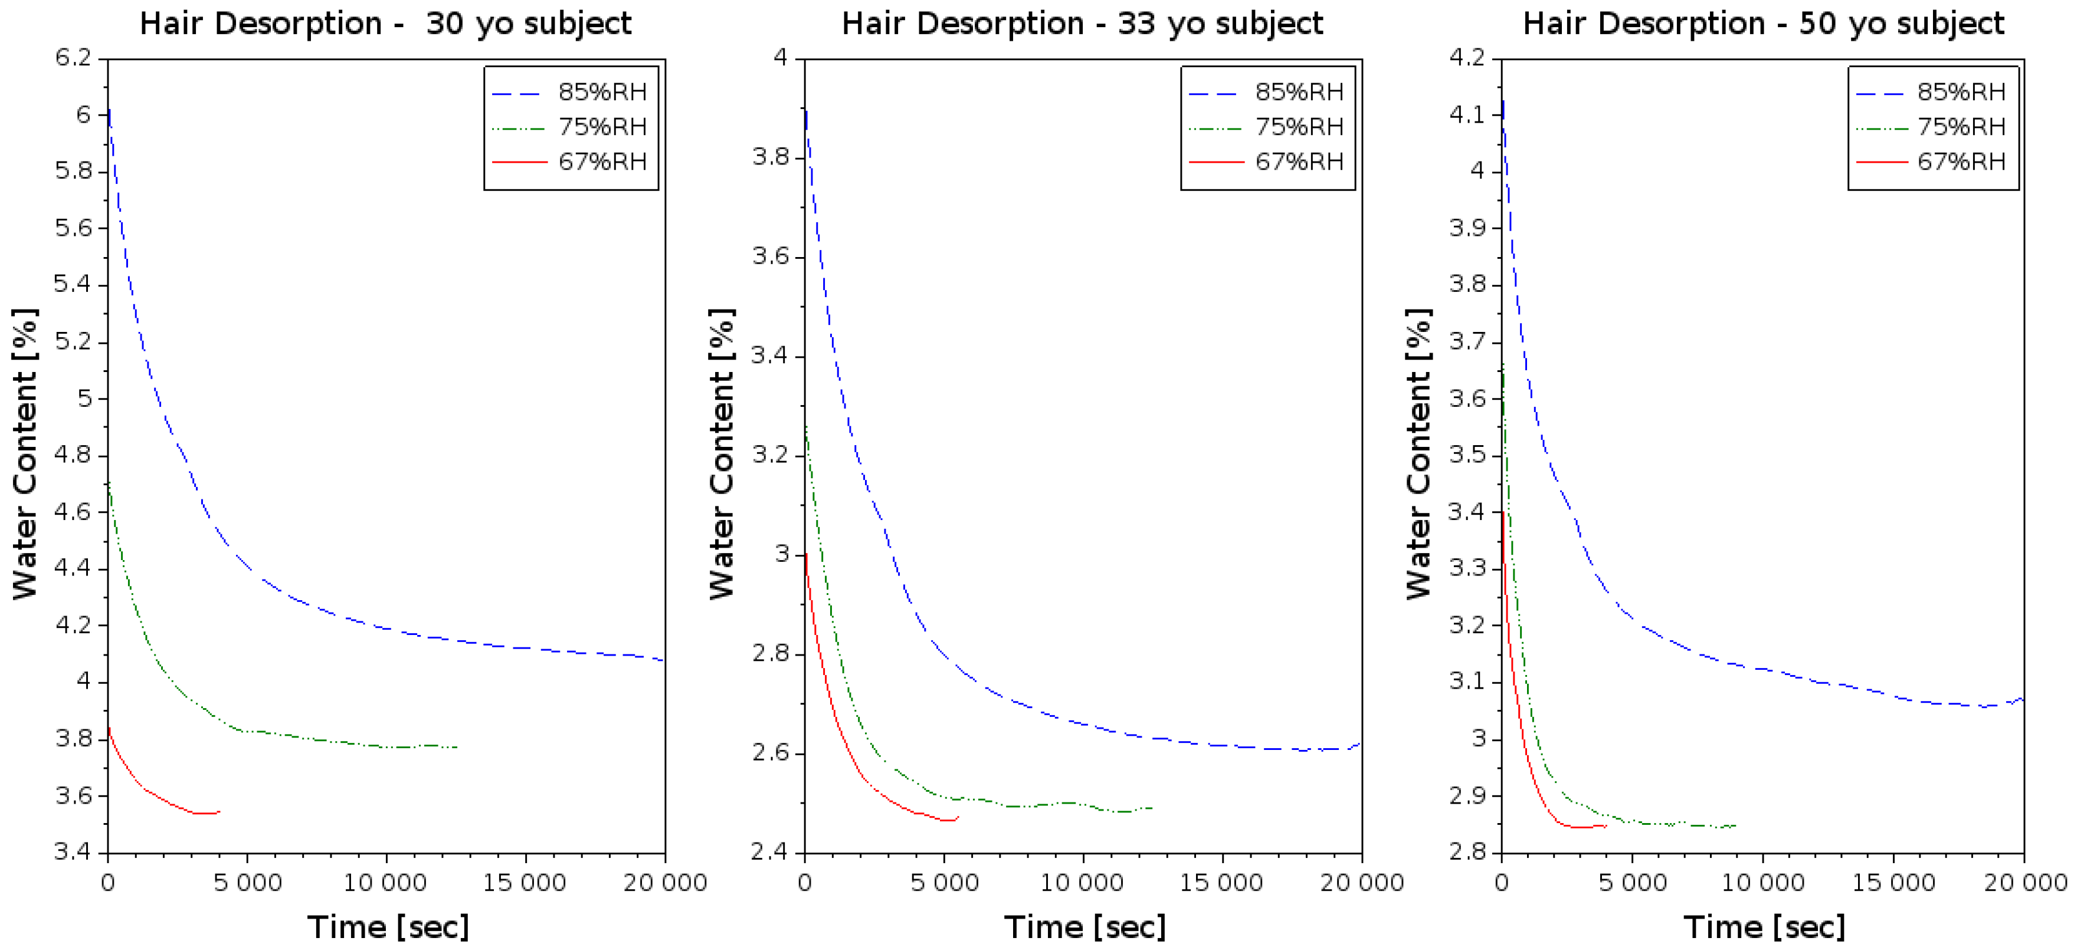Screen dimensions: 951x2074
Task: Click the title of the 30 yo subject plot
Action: (x=386, y=24)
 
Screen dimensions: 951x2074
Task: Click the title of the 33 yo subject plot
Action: (x=1082, y=24)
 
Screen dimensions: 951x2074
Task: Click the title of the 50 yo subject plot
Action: (x=1763, y=24)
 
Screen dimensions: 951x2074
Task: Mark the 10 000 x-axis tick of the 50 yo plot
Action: (x=1762, y=883)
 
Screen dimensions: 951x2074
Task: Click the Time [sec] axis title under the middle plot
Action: (x=1084, y=927)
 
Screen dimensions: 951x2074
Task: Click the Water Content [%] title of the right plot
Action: (x=1418, y=455)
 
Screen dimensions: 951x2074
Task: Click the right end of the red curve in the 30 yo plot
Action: (x=219, y=811)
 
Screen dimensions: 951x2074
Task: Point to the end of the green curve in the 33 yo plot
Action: (x=1152, y=808)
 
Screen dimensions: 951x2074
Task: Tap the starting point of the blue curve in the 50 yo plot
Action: (x=1502, y=101)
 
